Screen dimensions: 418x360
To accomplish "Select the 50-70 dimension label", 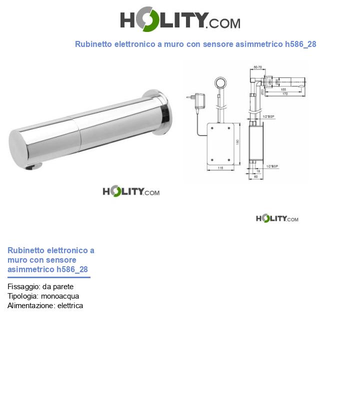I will pos(258,67).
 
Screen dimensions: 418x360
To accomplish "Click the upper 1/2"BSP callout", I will pos(269,116).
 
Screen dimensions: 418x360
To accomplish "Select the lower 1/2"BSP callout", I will pos(272,166).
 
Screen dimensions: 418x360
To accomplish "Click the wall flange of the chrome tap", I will pos(161,112).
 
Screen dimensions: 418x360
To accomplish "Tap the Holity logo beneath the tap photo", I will pos(131,191).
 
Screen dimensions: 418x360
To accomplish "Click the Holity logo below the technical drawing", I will pos(276,218).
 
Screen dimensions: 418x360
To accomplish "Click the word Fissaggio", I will pos(23,287).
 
